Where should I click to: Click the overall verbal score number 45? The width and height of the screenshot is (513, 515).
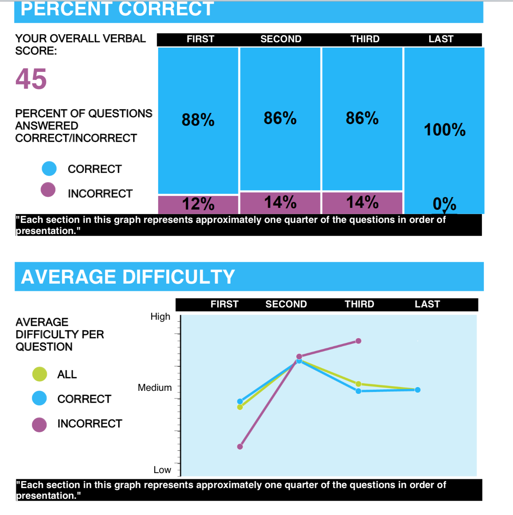coord(31,79)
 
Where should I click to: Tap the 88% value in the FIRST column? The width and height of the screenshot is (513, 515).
coord(198,120)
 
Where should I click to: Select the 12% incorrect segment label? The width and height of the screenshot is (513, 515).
coord(198,204)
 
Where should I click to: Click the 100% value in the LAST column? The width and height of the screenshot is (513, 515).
coord(445,130)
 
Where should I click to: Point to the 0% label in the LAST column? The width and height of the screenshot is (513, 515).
coord(444,204)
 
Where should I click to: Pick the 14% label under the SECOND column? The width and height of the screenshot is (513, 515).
coord(280,203)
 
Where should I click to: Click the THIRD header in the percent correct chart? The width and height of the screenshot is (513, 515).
coord(365,39)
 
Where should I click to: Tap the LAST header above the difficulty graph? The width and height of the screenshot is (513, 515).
coord(427,304)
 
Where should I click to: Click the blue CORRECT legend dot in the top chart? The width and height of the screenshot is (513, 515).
coord(49,168)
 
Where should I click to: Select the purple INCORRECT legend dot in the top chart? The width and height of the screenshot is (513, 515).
coord(48,189)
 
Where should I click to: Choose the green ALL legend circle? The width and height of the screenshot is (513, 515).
coord(40,374)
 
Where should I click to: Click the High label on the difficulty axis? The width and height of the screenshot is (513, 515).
coord(160,317)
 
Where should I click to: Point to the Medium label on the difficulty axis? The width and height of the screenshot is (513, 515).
coord(155,388)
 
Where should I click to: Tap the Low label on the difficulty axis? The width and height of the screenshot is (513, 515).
coord(162,470)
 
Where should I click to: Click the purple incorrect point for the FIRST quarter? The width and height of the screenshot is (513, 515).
coord(240,447)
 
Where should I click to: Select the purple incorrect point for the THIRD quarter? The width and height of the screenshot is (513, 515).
coord(358,341)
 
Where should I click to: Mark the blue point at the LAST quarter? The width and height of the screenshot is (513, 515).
coord(418,390)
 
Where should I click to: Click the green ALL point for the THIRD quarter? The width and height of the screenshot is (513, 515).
coord(358,384)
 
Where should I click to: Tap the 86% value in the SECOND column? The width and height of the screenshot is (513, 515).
coord(280,118)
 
